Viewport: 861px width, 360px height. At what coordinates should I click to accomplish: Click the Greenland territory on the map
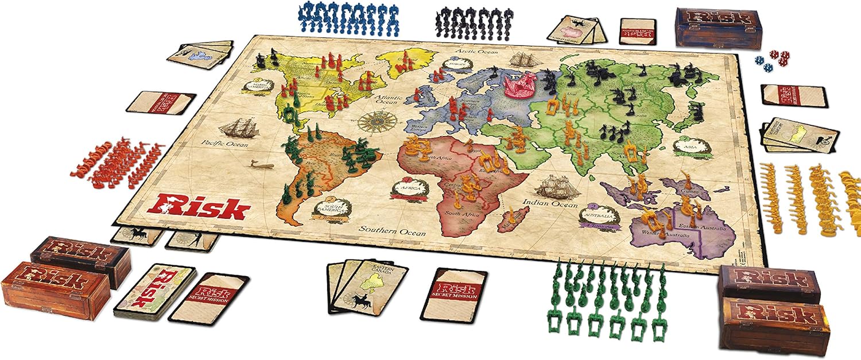(406, 63)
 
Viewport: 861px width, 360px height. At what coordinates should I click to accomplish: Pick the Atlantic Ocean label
(387, 102)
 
